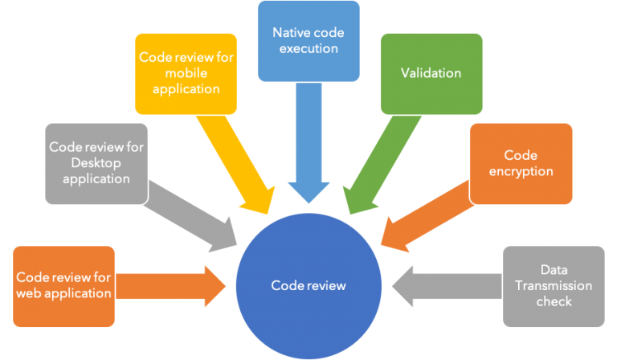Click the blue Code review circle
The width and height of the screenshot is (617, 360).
308,284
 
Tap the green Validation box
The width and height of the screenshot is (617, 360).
431,73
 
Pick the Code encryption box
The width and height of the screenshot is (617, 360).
521,162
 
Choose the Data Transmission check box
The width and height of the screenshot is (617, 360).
554,285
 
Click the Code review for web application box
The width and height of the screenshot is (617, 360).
63,285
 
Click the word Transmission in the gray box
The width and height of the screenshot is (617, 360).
554,286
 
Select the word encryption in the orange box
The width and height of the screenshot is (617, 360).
521,170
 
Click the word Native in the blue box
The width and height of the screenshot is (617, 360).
289,33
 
